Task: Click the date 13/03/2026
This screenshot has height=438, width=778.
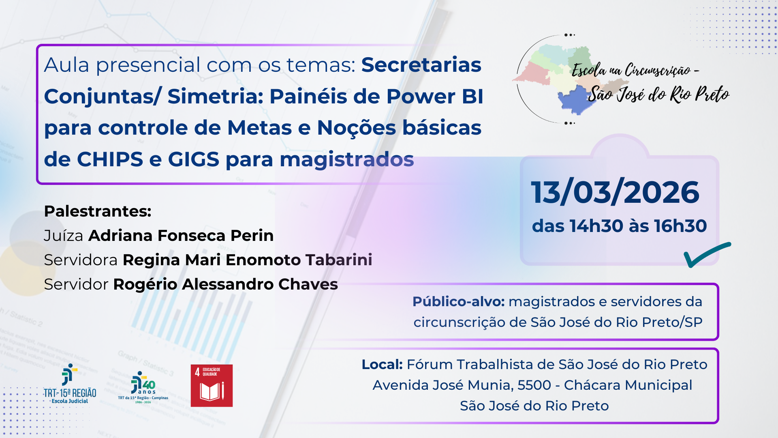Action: coord(615,192)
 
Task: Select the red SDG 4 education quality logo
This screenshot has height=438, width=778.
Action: coord(212,385)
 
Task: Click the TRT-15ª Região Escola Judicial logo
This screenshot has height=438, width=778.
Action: coord(70,384)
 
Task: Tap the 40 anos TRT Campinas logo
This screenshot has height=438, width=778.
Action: coord(143,387)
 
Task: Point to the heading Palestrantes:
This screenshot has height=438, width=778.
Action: coord(97,211)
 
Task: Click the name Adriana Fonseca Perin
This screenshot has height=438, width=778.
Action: coord(181,236)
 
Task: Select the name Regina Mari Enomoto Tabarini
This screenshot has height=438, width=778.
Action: coord(247,260)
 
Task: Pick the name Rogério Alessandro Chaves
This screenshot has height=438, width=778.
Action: coord(225,284)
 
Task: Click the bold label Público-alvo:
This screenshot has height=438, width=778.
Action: coord(458,302)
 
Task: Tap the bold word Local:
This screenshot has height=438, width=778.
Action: coord(382,365)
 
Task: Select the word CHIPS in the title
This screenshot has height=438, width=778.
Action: coord(110,159)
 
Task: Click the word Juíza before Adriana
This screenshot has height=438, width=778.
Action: coord(63,236)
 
